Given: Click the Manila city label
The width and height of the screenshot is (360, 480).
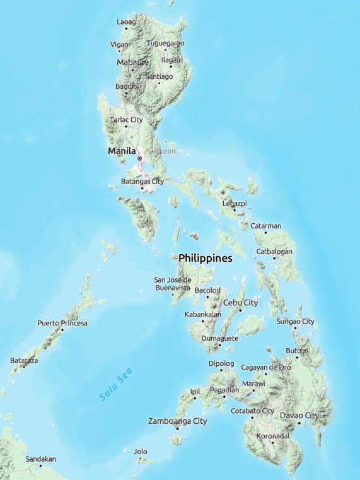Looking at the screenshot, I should coord(122,151).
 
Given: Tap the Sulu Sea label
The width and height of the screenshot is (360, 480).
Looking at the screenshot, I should coord(117,385).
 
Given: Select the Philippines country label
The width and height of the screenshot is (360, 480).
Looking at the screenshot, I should coord(205,259).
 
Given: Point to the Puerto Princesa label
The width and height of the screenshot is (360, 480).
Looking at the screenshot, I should coord(62,323).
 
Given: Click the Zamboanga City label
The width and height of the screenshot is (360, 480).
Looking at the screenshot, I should coord(177,421).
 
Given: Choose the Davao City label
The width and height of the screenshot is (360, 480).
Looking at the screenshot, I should coord(299,415).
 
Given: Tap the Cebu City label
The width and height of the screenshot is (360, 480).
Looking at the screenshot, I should coord(241,303).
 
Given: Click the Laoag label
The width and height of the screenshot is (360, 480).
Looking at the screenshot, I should coord(126,22).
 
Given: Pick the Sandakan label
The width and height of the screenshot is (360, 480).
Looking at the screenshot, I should coord(40,459).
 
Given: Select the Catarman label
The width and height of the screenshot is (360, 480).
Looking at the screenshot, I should coord(266,226).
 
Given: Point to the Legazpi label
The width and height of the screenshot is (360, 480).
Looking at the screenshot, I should coord(235,203).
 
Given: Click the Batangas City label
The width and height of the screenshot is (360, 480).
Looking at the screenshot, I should coord(142,181).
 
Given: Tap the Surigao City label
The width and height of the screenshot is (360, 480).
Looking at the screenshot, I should coord(295,322).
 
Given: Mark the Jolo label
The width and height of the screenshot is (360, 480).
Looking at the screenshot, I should coord(140,452).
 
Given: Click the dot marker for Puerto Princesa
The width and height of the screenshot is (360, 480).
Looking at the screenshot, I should coord(62,330).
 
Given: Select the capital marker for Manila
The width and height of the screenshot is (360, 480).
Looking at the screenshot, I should coord(140,158).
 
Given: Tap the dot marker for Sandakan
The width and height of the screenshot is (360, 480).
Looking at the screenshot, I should coord(40,465).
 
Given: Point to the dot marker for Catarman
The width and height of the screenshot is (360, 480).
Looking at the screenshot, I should coord(265,232).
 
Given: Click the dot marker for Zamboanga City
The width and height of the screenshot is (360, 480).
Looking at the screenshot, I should coord(177,428).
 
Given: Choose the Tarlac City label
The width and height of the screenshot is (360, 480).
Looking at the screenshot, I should coord(126,119).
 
